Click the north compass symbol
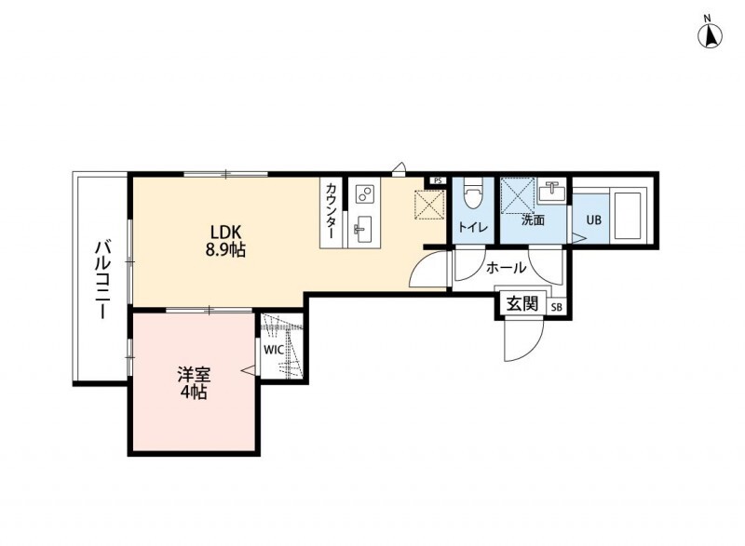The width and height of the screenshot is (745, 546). click(710, 33)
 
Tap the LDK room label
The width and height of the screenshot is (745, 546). click(226, 232)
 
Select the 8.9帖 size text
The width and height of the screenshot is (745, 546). click(225, 249)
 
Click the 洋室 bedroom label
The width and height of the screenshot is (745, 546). click(194, 375)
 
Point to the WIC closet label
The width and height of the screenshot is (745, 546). click(274, 351)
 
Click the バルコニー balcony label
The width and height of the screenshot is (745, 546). click(102, 280)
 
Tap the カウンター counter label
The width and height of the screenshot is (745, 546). click(332, 211)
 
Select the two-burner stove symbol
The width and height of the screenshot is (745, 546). click(365, 192)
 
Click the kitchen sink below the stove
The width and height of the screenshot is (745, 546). click(364, 229)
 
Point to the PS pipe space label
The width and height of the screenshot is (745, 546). click(438, 180)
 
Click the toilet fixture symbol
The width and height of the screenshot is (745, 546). click(473, 193)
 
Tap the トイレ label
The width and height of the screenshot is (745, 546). click(473, 227)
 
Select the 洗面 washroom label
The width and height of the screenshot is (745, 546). click(533, 220)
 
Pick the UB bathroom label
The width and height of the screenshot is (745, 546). click(593, 220)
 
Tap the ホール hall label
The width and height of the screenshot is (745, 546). click(506, 268)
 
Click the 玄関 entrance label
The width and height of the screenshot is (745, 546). click(522, 303)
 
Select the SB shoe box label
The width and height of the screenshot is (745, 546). click(556, 307)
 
